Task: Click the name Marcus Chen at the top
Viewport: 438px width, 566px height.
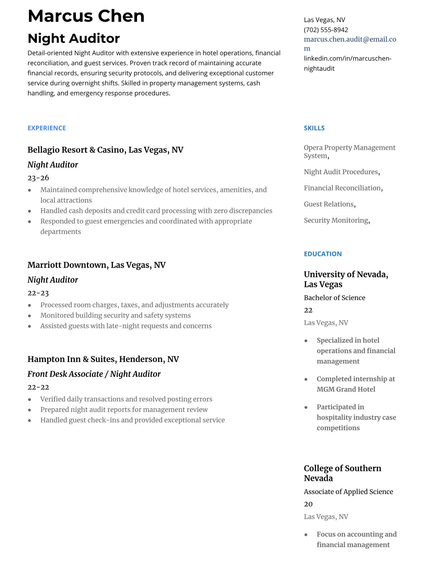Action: [86, 16]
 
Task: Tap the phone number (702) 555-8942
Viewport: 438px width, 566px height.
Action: [326, 30]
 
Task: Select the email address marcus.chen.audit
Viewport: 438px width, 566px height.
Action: [350, 39]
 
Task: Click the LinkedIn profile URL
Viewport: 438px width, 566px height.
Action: [347, 63]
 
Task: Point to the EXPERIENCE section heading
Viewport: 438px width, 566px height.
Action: [47, 128]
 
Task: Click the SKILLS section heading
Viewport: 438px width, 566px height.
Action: [314, 128]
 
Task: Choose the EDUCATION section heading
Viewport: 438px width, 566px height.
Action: [322, 254]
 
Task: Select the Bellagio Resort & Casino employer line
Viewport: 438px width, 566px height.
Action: [105, 150]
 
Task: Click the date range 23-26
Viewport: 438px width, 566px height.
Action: [38, 178]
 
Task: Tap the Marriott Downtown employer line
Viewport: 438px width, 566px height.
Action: [96, 265]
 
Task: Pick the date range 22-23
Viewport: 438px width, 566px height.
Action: [38, 293]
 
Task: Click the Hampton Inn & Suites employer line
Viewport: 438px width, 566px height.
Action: [103, 359]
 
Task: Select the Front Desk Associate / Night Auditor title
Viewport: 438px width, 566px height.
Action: [94, 374]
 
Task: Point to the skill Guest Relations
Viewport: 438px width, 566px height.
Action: [329, 204]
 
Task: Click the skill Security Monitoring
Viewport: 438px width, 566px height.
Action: [336, 220]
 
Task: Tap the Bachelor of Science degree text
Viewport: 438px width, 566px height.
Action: [334, 298]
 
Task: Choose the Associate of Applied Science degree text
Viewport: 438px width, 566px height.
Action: [348, 492]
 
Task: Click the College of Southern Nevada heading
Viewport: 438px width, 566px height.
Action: [342, 473]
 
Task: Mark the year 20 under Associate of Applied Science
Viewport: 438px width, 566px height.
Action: [308, 504]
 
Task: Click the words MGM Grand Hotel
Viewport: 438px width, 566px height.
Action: [346, 389]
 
